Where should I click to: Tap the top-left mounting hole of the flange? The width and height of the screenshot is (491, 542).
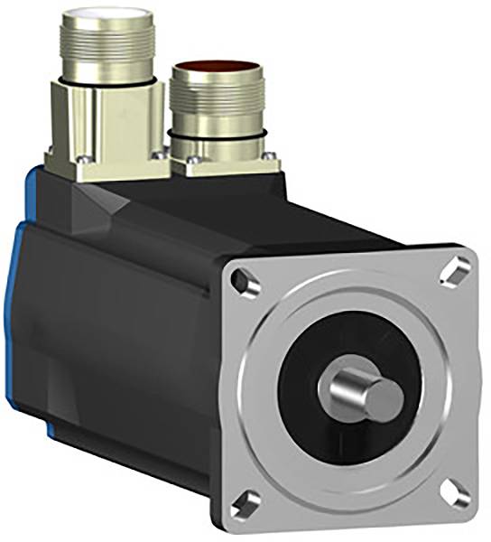coord(242,282)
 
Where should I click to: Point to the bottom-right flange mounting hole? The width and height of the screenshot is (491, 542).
coord(458,492)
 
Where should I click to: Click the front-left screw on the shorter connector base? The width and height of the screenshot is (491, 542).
coord(191,164)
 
